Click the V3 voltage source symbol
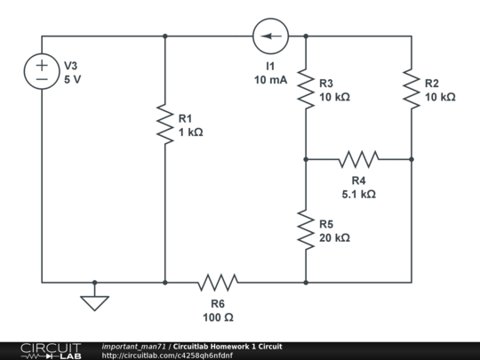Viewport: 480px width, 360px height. (x=42, y=72)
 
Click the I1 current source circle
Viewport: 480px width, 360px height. (x=270, y=36)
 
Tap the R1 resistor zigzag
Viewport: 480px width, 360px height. (x=165, y=124)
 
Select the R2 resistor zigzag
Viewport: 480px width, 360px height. (x=412, y=89)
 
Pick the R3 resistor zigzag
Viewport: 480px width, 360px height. (x=306, y=89)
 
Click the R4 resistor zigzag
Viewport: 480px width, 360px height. (x=358, y=160)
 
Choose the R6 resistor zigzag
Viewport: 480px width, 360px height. (x=218, y=283)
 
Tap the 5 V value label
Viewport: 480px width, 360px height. (x=73, y=79)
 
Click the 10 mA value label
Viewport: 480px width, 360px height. (x=270, y=80)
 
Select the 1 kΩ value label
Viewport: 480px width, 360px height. (x=190, y=132)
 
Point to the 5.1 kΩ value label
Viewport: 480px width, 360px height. (x=358, y=194)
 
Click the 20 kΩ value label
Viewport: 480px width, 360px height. (x=334, y=238)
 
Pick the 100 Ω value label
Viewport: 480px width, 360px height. (x=218, y=316)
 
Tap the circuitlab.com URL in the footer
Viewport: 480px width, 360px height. (x=167, y=356)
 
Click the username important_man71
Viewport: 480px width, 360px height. (x=134, y=346)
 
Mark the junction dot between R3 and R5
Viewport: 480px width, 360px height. (x=306, y=160)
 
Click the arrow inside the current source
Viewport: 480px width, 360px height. (x=270, y=36)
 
